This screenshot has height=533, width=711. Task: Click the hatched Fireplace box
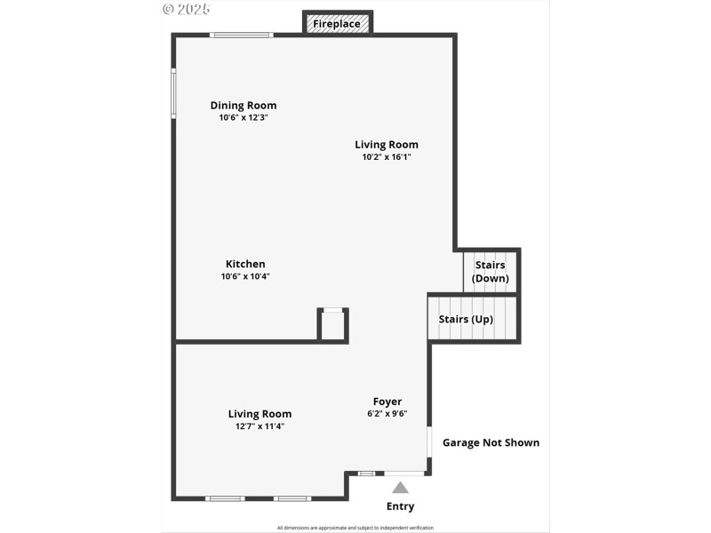pos(337,23)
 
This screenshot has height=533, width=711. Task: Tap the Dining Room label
pos(244,105)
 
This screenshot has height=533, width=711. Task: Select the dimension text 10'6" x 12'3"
pos(244,117)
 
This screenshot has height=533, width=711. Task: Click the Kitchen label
pos(245,264)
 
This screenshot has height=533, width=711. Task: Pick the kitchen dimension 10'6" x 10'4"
pos(245,276)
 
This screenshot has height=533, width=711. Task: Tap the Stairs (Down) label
pos(491,272)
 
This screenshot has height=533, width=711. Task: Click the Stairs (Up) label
pos(466,319)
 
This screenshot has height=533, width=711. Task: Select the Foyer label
pos(387,402)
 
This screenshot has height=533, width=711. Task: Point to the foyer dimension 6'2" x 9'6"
pos(387,413)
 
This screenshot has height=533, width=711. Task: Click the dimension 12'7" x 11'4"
pos(260,426)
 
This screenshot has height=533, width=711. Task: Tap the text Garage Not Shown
pos(491,442)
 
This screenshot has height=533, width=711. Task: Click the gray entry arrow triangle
pos(401,487)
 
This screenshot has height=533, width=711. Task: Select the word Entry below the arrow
pos(400,506)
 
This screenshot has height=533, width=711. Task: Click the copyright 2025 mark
pos(186,9)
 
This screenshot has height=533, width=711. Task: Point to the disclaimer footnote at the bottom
pos(355,528)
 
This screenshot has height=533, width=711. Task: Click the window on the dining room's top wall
pos(241,36)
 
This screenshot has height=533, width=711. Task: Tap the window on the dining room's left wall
pos(174,92)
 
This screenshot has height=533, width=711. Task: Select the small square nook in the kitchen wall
pos(332,325)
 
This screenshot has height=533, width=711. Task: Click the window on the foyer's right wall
pos(430,442)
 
